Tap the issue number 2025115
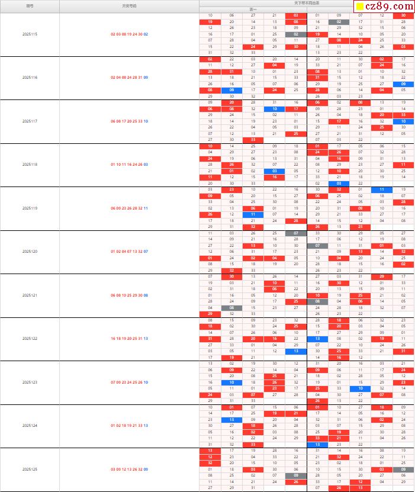[30, 34]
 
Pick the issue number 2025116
[30, 78]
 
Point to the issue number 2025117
[30, 121]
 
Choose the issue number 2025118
[30, 165]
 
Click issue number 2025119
[30, 208]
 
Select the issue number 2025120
[30, 252]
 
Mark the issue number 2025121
[30, 295]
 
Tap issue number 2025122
[30, 339]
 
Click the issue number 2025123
[30, 382]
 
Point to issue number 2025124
[30, 425]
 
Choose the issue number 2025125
[30, 469]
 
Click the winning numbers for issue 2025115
[129, 34]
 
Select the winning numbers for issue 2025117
[129, 121]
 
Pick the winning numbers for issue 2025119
[129, 208]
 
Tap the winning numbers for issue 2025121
[129, 295]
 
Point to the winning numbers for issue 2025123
[129, 382]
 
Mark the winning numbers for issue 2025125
[129, 469]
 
